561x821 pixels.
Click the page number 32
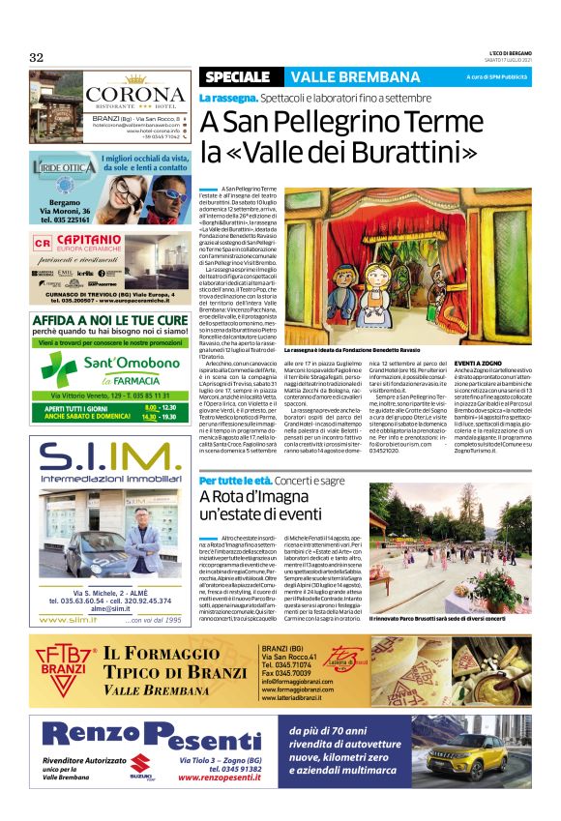(37, 57)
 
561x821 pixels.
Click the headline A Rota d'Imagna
(258, 498)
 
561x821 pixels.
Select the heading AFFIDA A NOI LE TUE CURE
(108, 317)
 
